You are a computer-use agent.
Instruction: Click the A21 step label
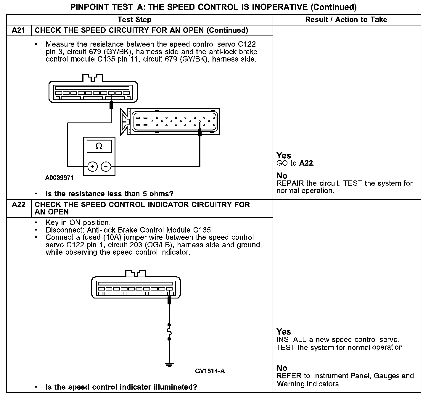coord(18,30)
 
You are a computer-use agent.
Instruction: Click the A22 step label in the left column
coord(18,205)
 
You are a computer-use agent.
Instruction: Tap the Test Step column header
coord(134,20)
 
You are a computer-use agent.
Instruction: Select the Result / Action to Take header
coord(346,20)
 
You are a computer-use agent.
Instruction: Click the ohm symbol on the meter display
coord(99,146)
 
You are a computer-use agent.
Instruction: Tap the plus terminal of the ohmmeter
coord(92,167)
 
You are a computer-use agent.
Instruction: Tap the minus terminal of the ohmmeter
coord(106,167)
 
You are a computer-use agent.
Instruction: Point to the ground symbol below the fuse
coord(169,365)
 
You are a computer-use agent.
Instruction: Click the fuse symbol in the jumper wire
coord(169,332)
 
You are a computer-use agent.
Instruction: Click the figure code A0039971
coord(59,178)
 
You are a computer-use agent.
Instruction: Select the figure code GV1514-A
coord(210,371)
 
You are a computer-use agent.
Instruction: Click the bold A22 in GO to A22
coord(306,163)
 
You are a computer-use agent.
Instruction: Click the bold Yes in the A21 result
coord(284,156)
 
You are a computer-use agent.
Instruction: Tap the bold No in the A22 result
coord(282,368)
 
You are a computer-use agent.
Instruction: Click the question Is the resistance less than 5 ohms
coord(109,194)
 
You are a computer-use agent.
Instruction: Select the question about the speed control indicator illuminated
coord(121,387)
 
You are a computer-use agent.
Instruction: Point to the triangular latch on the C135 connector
coord(123,122)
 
